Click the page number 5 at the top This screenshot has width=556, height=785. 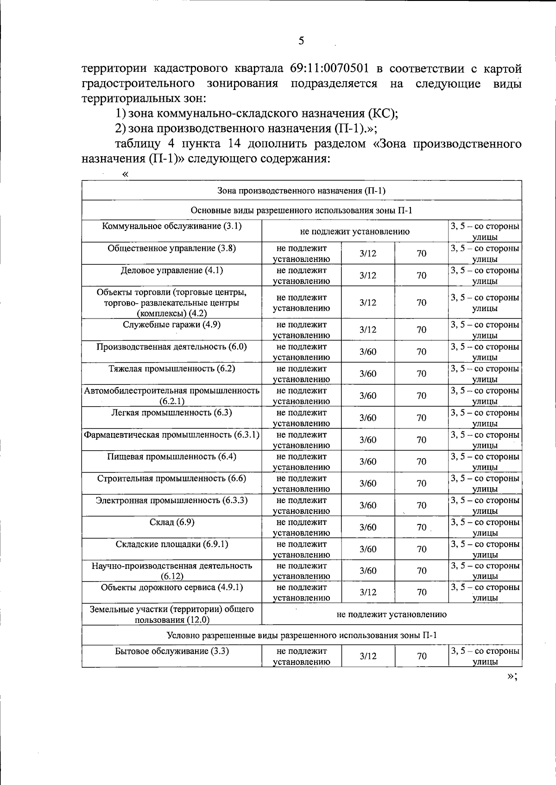[x=301, y=41]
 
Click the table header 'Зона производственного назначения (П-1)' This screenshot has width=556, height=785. [x=302, y=191]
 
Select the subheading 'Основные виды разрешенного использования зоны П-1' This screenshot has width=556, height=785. [x=302, y=211]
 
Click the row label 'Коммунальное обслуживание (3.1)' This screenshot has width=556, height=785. [x=172, y=226]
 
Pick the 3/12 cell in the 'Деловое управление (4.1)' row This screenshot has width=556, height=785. [x=368, y=275]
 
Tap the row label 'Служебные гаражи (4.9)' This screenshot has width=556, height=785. [x=172, y=325]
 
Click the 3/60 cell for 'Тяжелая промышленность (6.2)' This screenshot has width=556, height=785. [x=368, y=374]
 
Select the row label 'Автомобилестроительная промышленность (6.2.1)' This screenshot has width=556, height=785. [x=172, y=396]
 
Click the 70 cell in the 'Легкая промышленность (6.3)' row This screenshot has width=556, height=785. [x=421, y=418]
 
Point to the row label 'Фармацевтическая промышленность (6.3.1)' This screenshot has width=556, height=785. [x=172, y=435]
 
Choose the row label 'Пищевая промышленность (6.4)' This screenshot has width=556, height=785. [x=172, y=457]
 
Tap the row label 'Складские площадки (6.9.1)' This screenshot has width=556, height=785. [x=172, y=544]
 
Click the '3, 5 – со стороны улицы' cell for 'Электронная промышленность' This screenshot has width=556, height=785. [x=485, y=505]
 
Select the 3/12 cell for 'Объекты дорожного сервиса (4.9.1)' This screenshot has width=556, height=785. [x=368, y=593]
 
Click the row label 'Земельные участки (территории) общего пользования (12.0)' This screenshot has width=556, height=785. [x=172, y=614]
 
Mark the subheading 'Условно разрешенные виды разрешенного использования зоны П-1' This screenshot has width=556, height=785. [x=302, y=635]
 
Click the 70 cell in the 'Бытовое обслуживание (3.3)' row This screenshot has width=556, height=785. [x=421, y=656]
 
